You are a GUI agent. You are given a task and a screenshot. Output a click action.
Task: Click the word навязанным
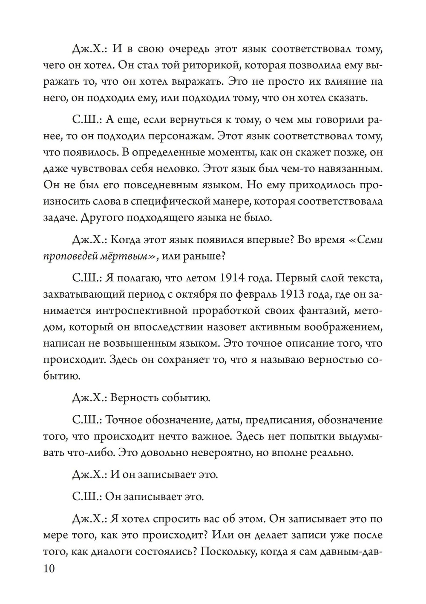pyautogui.click(x=345, y=169)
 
